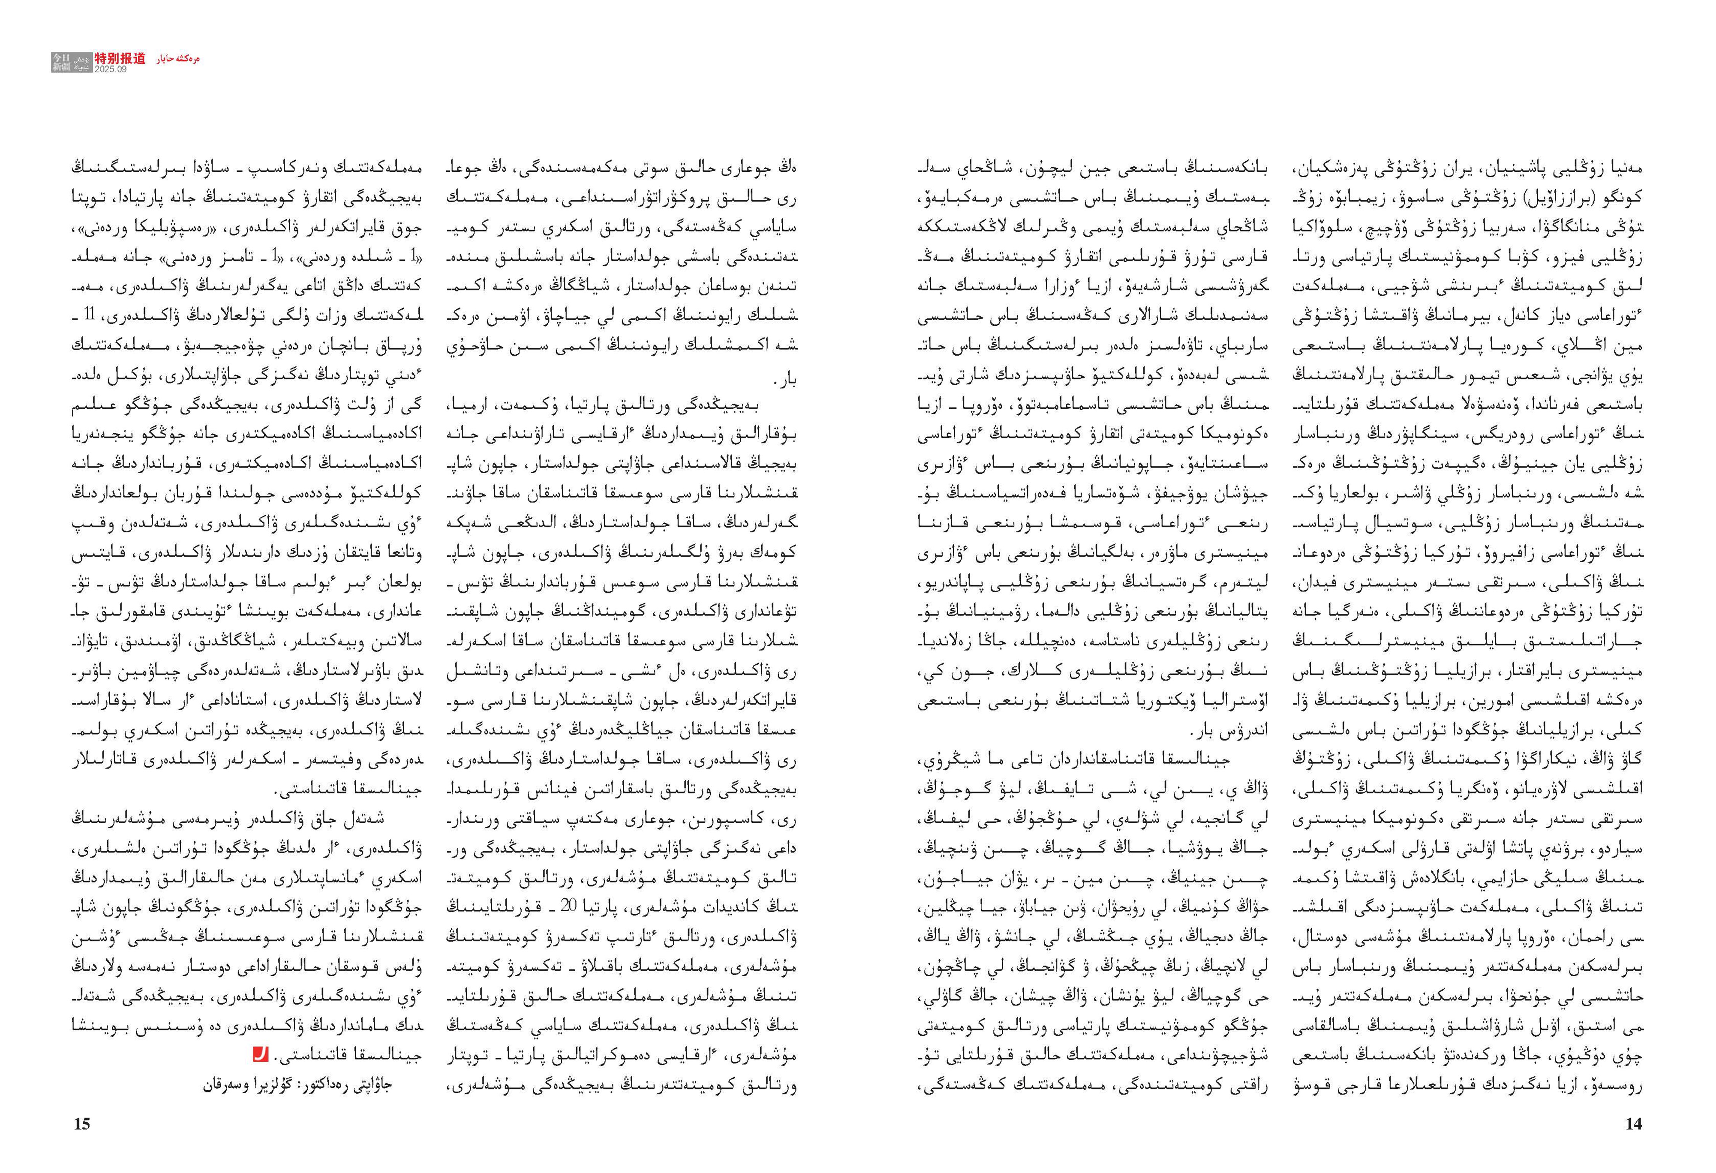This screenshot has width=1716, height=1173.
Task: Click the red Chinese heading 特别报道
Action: pos(121,58)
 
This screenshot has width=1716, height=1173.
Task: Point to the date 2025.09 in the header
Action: pos(111,69)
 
